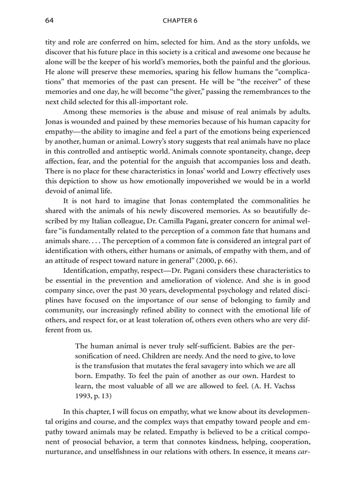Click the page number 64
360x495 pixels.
(x=49, y=21)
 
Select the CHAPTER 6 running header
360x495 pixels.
(x=180, y=21)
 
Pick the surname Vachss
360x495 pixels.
(x=285, y=386)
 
